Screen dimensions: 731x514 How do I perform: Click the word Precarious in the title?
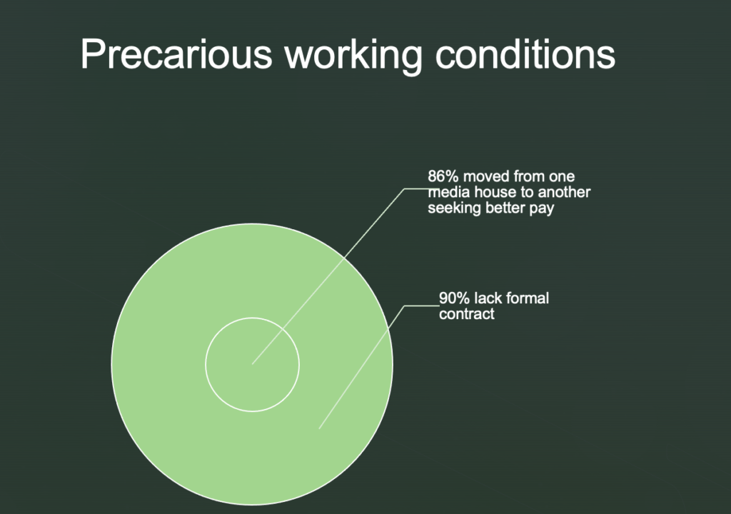176,54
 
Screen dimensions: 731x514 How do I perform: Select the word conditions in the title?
525,54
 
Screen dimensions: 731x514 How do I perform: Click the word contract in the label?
467,314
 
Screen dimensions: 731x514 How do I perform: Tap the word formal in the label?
528,298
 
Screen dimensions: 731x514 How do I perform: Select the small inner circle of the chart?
252,318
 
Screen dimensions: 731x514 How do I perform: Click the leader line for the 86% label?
328,276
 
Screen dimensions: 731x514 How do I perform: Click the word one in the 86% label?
563,177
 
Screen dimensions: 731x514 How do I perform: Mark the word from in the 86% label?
528,176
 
